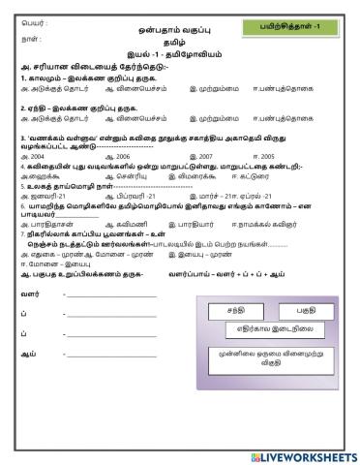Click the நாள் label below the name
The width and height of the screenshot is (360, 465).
[28, 41]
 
